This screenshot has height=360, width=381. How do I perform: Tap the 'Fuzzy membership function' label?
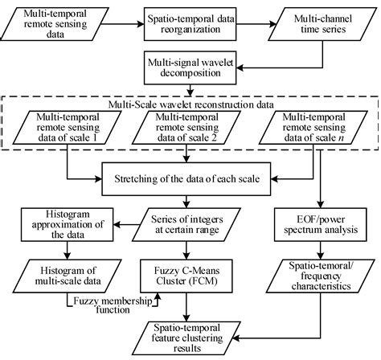110,303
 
